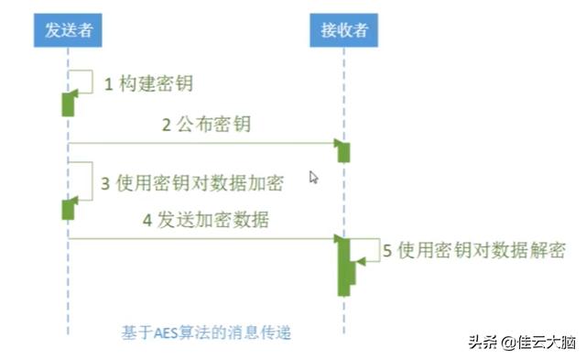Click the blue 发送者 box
click(x=69, y=31)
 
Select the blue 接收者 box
click(x=343, y=31)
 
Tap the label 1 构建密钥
click(x=148, y=84)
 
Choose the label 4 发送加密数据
click(x=205, y=221)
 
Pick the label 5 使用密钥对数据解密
click(x=473, y=251)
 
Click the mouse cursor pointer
click(x=313, y=177)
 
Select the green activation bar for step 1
click(x=68, y=104)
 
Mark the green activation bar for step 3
click(x=68, y=210)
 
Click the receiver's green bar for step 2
click(x=344, y=152)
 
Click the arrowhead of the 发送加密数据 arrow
click(x=337, y=239)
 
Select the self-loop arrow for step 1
click(x=82, y=80)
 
